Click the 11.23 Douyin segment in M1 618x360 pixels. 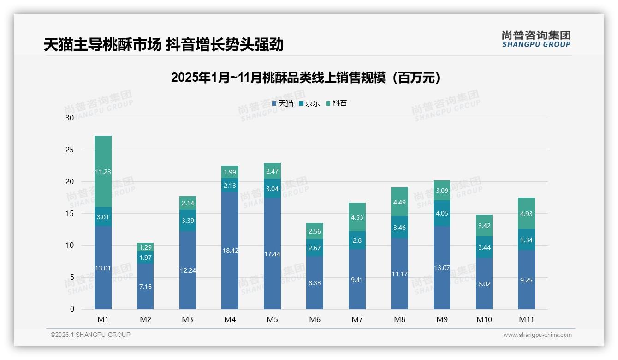[103, 172]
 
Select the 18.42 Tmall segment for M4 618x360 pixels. [230, 251]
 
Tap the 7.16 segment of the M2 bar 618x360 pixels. [145, 287]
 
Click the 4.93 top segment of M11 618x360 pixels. [526, 213]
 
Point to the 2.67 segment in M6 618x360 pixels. [315, 248]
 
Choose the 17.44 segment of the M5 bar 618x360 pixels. [272, 254]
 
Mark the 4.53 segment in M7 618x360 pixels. [357, 217]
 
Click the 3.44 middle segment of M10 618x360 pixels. [484, 247]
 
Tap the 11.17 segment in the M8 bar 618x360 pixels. [399, 274]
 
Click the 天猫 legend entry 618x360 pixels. [283, 103]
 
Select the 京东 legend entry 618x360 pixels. [309, 103]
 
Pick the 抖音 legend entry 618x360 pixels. [337, 103]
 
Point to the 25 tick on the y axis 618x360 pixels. [70, 150]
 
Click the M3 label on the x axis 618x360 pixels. [188, 319]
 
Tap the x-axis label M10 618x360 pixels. [484, 319]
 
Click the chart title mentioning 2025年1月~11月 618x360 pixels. [306, 78]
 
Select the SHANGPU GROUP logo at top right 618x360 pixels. [536, 39]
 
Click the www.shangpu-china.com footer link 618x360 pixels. [537, 335]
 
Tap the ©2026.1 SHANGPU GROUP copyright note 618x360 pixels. [90, 335]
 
